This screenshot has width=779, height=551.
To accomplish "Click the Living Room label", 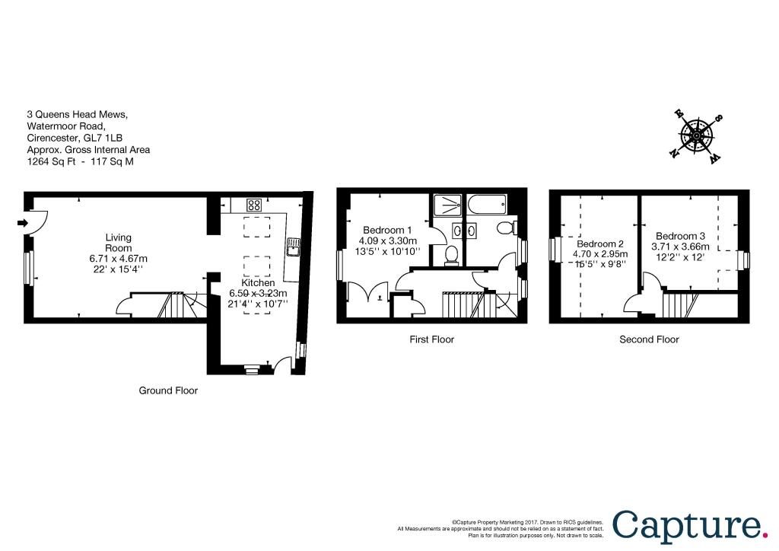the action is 118,243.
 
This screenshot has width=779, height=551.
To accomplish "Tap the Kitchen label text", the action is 258,282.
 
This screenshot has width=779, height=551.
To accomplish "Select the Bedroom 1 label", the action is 387,230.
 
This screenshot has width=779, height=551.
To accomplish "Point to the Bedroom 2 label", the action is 600,244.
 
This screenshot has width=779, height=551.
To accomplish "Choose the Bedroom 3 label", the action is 680,236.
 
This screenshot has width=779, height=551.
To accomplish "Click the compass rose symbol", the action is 697,135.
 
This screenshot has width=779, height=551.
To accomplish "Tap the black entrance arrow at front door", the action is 23,222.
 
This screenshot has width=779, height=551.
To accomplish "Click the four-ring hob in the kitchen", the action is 254,205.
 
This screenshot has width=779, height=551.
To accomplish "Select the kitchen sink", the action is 294,247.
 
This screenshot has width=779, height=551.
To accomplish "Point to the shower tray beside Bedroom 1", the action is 447,205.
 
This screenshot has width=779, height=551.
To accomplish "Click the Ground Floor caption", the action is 168,390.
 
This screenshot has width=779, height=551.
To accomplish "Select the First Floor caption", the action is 432,339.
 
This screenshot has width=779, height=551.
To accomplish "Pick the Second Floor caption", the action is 649,339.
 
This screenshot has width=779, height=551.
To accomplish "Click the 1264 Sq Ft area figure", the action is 51,161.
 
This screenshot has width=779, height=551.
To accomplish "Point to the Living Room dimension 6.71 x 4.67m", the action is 118,258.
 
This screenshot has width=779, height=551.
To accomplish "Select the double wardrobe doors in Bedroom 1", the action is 368,292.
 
